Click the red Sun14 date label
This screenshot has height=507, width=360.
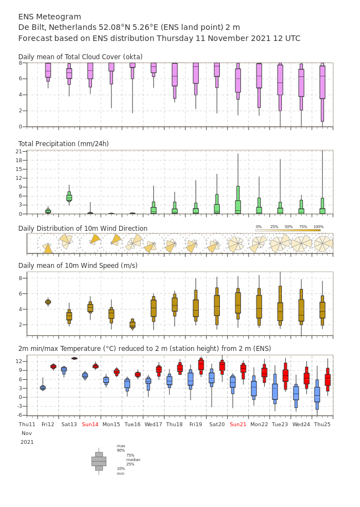coord(90,424)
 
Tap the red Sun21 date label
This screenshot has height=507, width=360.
coord(238,424)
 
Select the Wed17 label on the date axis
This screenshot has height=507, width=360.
coord(153,424)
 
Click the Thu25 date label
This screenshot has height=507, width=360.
coord(322,424)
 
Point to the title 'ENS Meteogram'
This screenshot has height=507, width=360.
coord(49,17)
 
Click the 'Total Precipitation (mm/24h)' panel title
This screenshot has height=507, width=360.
coord(63,143)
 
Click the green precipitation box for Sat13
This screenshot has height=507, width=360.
coord(69,196)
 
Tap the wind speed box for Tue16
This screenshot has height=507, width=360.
coord(132,324)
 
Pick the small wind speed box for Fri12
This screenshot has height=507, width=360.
coord(48,302)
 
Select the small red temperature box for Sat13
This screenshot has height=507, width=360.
coord(74,358)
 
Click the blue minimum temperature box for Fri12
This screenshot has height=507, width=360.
coord(43,387)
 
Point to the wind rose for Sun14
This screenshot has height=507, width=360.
coord(95,240)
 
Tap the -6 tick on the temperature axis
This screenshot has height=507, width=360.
coord(20,415)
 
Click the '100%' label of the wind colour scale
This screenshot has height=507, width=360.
coord(318,227)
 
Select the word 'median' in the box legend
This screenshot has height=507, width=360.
coord(133,459)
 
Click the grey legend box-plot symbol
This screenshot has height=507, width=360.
coord(99,462)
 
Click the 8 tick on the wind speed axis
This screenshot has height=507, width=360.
coord(20,278)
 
